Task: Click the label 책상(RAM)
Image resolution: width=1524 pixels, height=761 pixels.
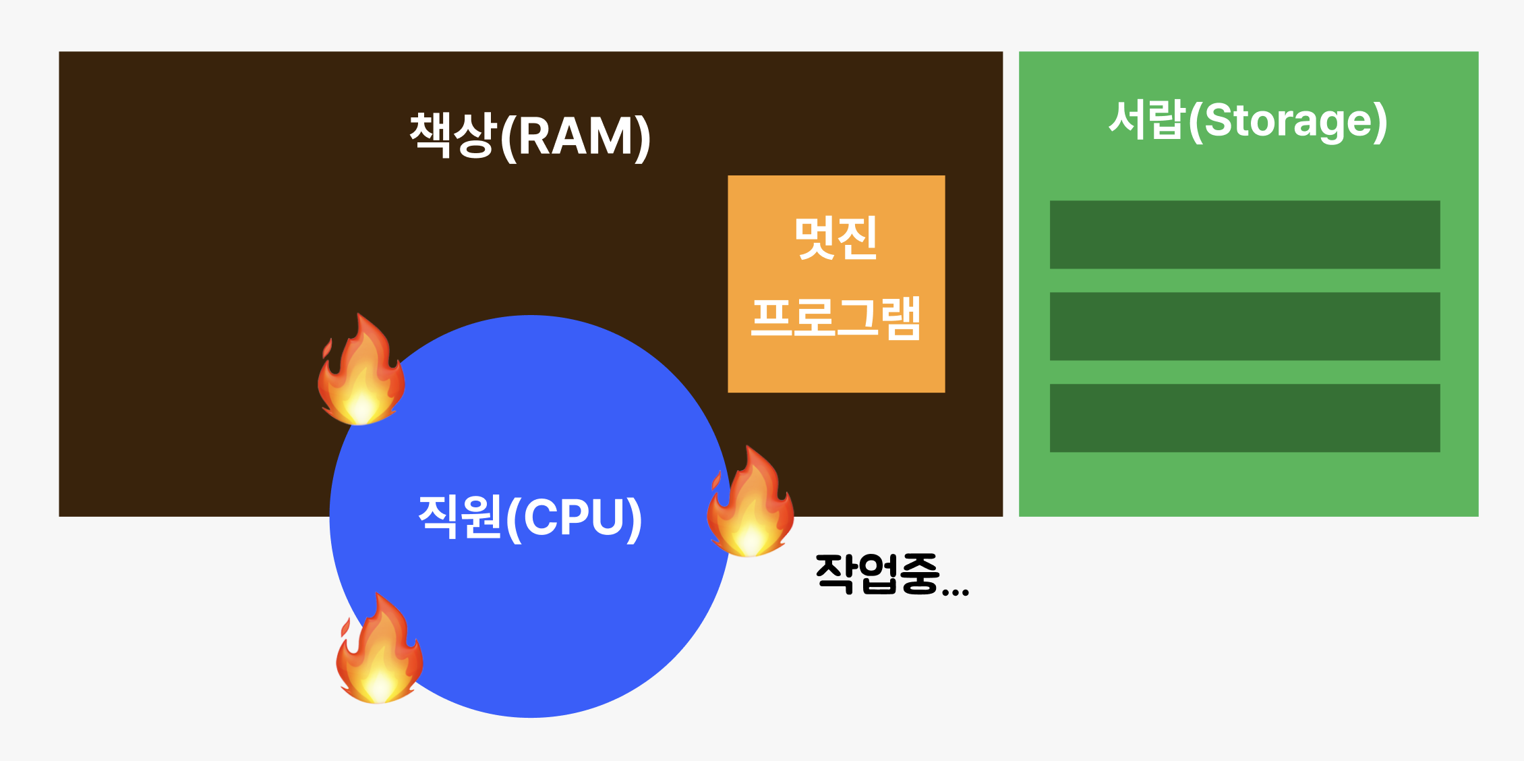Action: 530,136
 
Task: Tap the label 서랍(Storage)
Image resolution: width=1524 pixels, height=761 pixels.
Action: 1248,121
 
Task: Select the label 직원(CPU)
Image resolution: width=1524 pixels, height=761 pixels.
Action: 530,517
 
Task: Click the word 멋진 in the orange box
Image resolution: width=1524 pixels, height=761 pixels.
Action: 836,237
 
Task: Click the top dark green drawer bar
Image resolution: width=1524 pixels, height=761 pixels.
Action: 1245,235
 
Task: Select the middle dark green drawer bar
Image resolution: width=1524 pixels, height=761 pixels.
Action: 1245,327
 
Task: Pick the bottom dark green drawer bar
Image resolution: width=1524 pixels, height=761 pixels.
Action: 1245,418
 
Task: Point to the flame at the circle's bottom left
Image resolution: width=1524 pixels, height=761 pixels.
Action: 380,650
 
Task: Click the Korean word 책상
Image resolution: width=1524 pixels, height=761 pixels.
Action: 453,135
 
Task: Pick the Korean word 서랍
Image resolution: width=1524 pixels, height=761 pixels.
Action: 1146,120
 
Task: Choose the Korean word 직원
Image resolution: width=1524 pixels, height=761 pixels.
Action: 461,516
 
